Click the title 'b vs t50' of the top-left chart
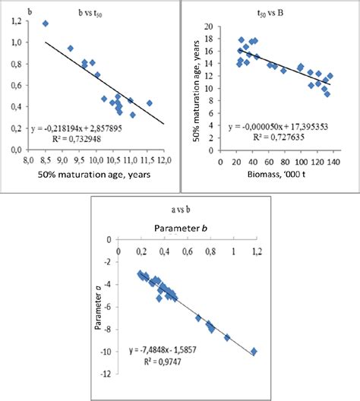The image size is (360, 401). click(x=96, y=13)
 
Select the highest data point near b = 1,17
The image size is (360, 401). click(x=46, y=24)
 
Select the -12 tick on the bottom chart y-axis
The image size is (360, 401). click(x=109, y=374)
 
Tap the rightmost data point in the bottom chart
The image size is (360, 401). click(x=254, y=352)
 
